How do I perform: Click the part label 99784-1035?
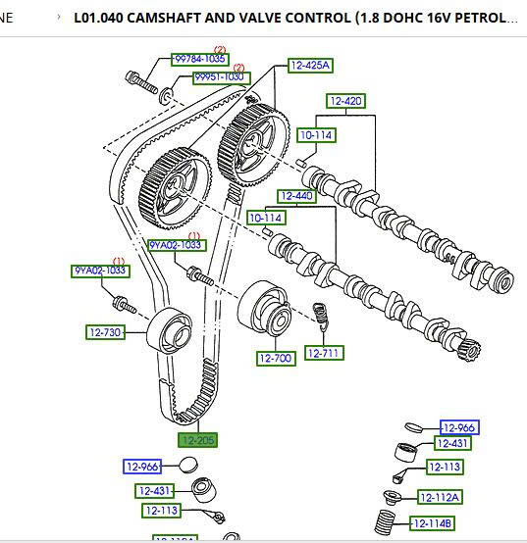(199, 60)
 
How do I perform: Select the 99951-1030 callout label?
(221, 77)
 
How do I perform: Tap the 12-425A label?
(310, 66)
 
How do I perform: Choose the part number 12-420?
(345, 101)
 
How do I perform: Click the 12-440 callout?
(295, 196)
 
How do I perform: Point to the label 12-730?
(104, 332)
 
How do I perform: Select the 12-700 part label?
(276, 359)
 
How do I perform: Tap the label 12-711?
(322, 353)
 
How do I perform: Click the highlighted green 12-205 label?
(197, 441)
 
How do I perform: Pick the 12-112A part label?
(440, 497)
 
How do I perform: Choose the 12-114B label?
(432, 522)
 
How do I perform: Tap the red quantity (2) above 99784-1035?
(220, 50)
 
